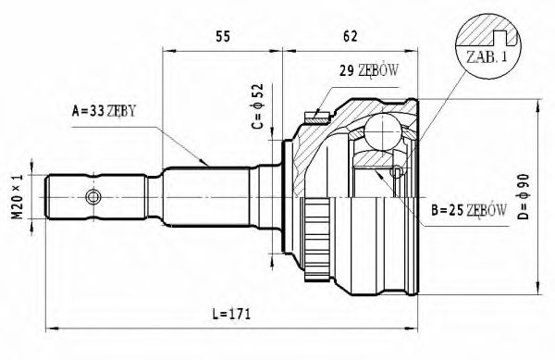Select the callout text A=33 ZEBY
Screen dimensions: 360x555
[x=104, y=112]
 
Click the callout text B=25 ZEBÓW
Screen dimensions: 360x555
[x=467, y=212]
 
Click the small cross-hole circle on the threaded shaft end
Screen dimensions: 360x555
[x=91, y=196]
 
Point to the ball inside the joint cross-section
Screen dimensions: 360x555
[x=377, y=130]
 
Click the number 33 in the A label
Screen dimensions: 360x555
[x=92, y=112]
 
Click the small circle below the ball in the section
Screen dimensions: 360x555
[x=397, y=172]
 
